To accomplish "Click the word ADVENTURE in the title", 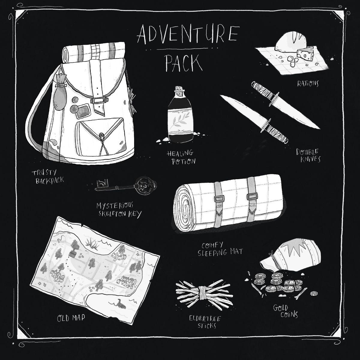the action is tap(188, 34).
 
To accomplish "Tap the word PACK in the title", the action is tap(184, 63).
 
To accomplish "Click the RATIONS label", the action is tap(308, 83).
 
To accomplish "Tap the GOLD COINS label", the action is tap(286, 311).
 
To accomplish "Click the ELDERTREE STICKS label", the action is tap(205, 322).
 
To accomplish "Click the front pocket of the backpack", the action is tap(100, 137).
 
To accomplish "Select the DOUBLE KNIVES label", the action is tap(308, 155).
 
